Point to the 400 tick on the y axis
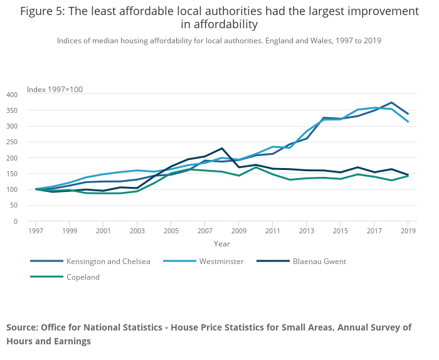[12, 95]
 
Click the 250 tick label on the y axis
[12, 142]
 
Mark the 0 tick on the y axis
[16, 221]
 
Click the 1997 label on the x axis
[36, 231]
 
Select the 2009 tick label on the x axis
[239, 231]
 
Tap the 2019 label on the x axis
[408, 231]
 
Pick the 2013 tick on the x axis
[307, 231]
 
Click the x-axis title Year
[221, 243]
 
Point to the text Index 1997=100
[55, 90]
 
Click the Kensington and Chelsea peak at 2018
[391, 103]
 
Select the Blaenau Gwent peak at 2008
[222, 149]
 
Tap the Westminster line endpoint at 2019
[408, 122]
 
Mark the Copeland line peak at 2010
[256, 167]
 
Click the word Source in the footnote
[21, 327]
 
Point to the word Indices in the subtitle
[70, 41]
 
